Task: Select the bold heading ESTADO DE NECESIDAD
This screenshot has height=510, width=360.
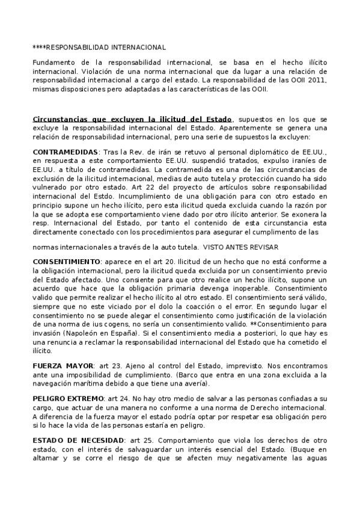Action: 78,441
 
